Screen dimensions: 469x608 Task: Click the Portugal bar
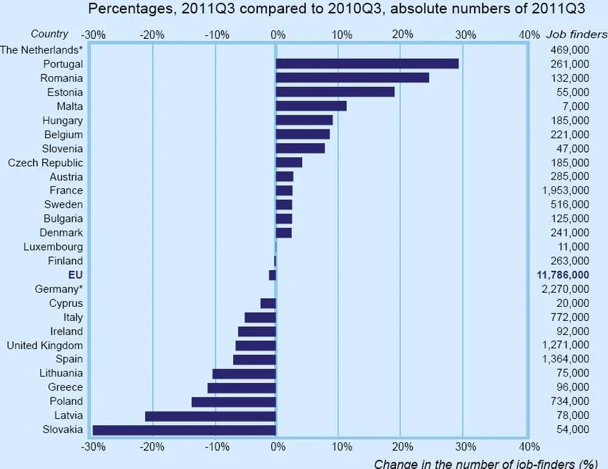pyautogui.click(x=367, y=64)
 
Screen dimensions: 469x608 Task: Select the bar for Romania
pyautogui.click(x=352, y=78)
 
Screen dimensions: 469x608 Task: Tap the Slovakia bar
pyautogui.click(x=184, y=429)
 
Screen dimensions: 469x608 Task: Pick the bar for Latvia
pyautogui.click(x=210, y=416)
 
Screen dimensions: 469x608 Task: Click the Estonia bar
pyautogui.click(x=335, y=92)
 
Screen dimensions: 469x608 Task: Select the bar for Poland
pyautogui.click(x=234, y=402)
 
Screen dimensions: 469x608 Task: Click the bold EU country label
pyautogui.click(x=75, y=275)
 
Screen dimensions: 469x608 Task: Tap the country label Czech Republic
pyautogui.click(x=46, y=163)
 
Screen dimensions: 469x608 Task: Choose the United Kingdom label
pyautogui.click(x=45, y=346)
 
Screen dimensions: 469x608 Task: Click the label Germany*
pyautogui.click(x=59, y=289)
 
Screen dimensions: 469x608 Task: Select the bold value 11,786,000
pyautogui.click(x=562, y=275)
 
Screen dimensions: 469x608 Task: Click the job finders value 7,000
pyautogui.click(x=576, y=106)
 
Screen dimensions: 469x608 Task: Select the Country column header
pyautogui.click(x=50, y=34)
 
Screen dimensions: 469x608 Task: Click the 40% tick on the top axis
pyautogui.click(x=528, y=35)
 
